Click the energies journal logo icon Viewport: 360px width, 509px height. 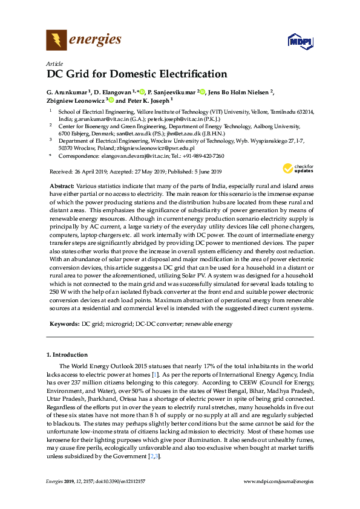(56, 41)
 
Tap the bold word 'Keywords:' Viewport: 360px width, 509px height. (62, 325)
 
